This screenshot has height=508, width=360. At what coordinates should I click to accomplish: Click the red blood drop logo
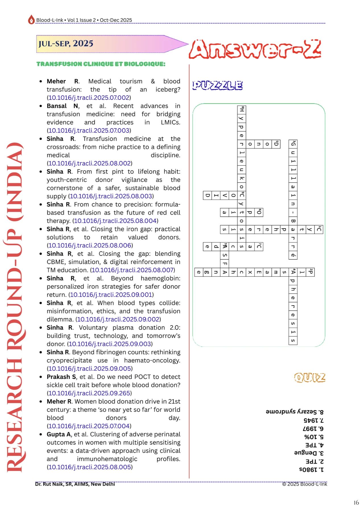31,20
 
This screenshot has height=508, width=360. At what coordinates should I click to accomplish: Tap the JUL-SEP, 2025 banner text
66,44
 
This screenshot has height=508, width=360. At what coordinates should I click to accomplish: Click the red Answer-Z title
255,49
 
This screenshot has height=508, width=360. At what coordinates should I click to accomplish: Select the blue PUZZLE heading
218,85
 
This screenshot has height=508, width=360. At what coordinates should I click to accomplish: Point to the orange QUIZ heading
310,377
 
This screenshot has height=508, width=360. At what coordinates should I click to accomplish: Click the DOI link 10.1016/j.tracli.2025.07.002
89,98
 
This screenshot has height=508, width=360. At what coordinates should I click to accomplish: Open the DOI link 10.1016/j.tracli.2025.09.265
89,393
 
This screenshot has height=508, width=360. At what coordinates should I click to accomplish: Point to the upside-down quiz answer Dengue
308,453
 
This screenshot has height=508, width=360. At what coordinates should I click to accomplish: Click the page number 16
356,503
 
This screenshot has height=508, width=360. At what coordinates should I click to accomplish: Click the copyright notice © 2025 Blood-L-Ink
304,484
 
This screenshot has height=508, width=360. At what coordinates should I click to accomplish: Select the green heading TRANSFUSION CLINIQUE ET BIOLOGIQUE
101,64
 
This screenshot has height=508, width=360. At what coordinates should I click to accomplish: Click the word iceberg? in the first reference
168,89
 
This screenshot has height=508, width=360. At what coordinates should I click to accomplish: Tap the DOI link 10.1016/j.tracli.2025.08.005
90,467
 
